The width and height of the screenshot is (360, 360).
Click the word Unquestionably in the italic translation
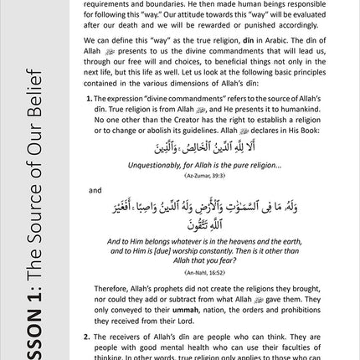[156, 165]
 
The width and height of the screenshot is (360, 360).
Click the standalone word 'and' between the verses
[95, 190]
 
